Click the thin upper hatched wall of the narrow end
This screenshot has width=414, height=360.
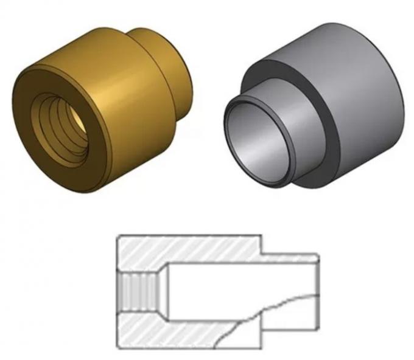pyautogui.click(x=289, y=258)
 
